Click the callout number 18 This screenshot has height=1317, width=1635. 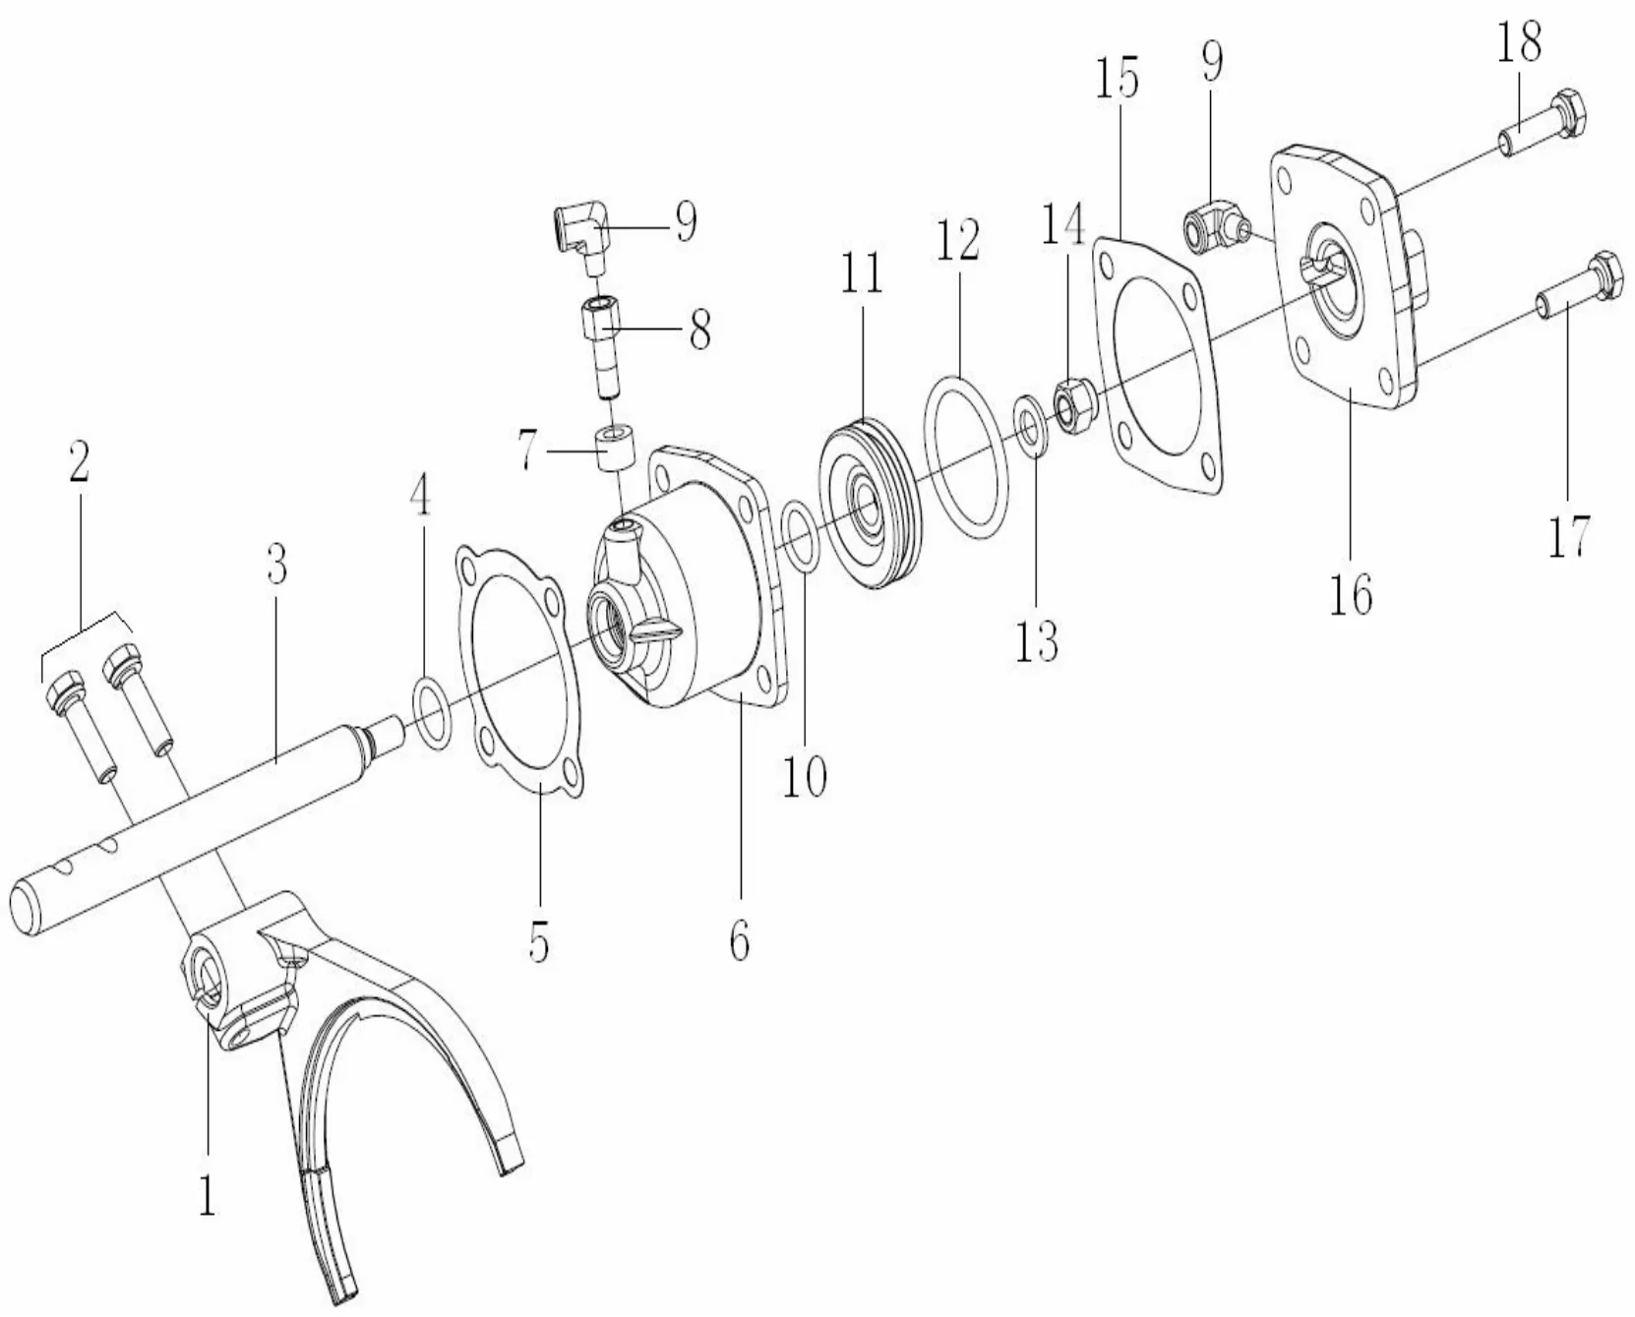click(1519, 44)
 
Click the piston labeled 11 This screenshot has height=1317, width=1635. click(871, 504)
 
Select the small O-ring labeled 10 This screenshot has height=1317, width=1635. click(800, 537)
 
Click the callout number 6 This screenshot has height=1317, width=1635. click(740, 940)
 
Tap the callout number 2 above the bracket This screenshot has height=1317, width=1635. click(79, 460)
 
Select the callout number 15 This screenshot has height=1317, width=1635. click(1117, 79)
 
